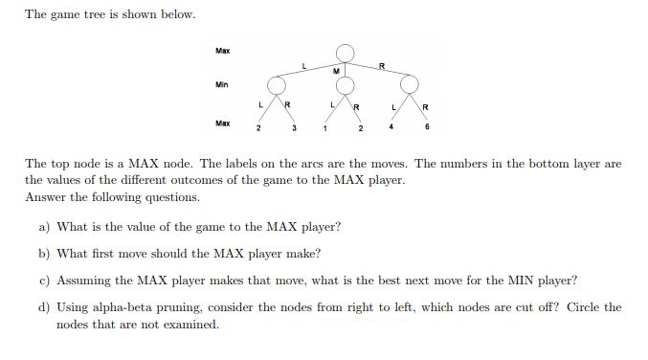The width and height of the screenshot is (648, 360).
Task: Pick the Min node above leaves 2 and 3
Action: [x=277, y=86]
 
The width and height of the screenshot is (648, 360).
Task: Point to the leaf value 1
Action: [x=326, y=127]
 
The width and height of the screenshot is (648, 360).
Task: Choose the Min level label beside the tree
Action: [x=222, y=85]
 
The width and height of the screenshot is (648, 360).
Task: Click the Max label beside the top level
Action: [x=222, y=50]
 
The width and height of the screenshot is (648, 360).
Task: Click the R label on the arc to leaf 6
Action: [x=426, y=104]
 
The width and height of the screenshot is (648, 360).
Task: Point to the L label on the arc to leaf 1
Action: [x=331, y=103]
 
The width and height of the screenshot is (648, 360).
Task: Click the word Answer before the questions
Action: [x=44, y=196]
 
